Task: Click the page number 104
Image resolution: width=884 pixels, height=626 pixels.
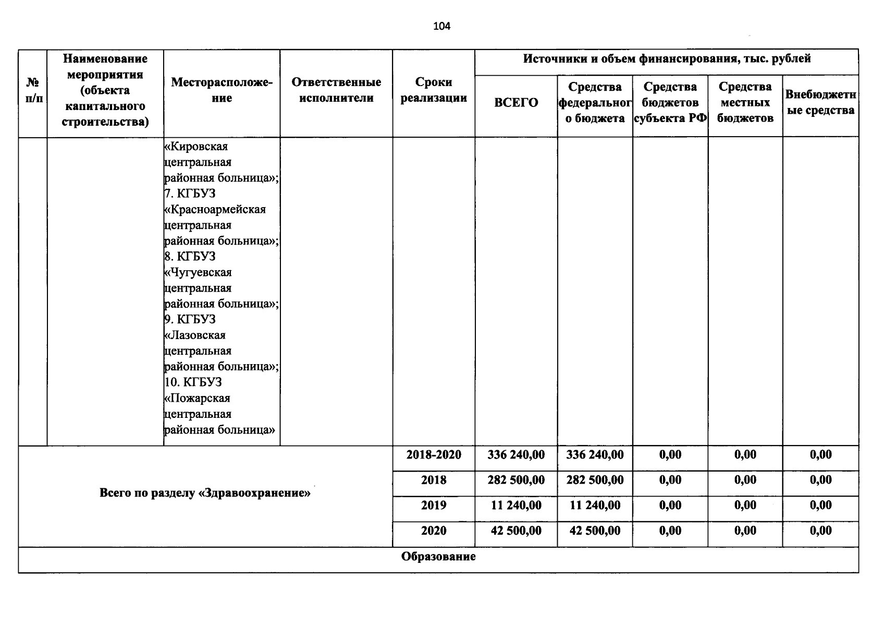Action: [441, 26]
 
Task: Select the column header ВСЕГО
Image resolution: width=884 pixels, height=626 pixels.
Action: [516, 103]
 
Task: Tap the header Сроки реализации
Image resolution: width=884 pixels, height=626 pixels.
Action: [434, 90]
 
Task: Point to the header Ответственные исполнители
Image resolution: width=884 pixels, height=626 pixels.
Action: [336, 90]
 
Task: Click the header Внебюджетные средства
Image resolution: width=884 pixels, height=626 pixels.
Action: [820, 102]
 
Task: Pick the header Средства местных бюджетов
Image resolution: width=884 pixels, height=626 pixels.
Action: [745, 102]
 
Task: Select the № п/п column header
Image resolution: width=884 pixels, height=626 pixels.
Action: [33, 90]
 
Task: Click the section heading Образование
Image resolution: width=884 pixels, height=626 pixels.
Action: [438, 557]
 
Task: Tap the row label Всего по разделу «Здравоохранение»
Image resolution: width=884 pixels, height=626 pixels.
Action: [205, 492]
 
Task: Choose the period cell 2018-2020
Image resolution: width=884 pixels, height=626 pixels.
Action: [434, 455]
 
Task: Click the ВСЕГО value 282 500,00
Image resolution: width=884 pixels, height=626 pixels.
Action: [516, 480]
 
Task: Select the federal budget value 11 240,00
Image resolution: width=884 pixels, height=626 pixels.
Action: [595, 505]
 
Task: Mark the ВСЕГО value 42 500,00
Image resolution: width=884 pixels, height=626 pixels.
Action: [516, 531]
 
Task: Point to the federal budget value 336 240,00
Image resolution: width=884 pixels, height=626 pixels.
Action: [595, 455]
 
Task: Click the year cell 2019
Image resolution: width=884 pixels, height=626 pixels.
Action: [434, 505]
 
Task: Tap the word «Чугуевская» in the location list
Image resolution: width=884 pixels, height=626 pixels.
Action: [198, 272]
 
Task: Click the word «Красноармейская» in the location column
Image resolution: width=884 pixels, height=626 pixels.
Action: [215, 210]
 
